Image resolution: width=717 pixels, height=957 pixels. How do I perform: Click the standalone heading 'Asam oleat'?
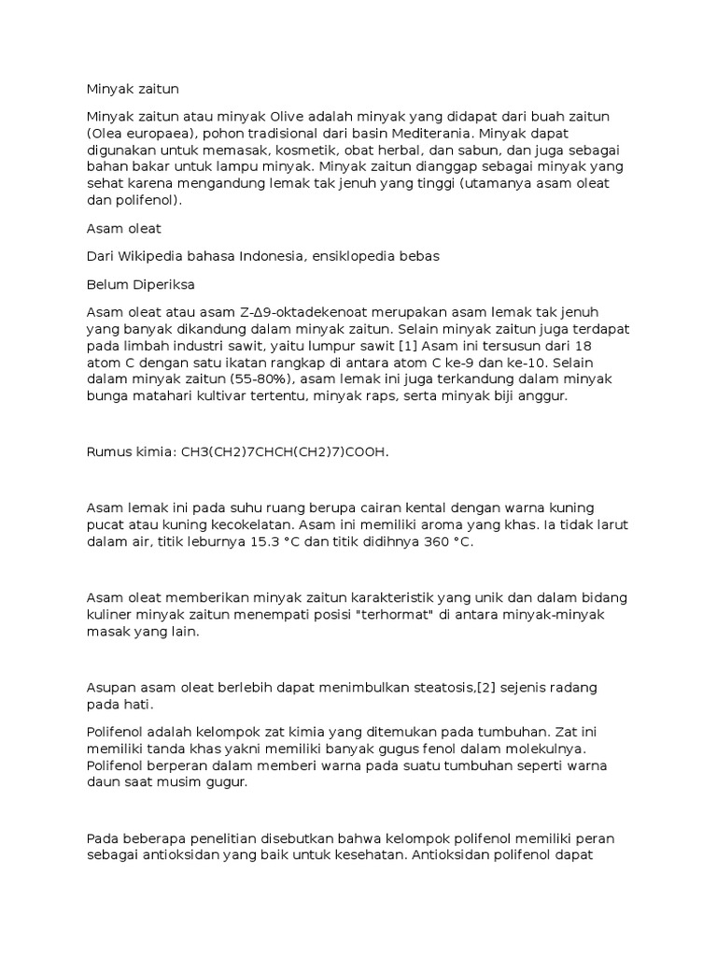(123, 228)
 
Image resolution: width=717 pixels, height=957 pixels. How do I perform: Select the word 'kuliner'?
(110, 615)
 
